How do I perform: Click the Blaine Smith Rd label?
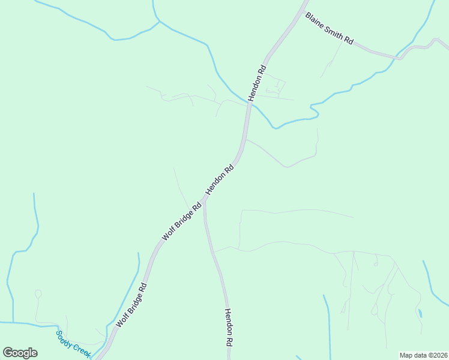(x=330, y=28)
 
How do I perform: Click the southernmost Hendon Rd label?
(x=229, y=328)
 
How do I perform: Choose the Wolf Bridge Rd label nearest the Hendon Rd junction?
(x=182, y=221)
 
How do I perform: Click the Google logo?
(x=20, y=353)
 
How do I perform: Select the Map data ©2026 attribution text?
(x=423, y=355)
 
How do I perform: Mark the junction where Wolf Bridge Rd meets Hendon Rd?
(x=205, y=201)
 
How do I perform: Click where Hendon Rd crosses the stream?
(x=249, y=104)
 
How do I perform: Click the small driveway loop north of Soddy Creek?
(x=38, y=294)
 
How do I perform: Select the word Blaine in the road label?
(x=315, y=21)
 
